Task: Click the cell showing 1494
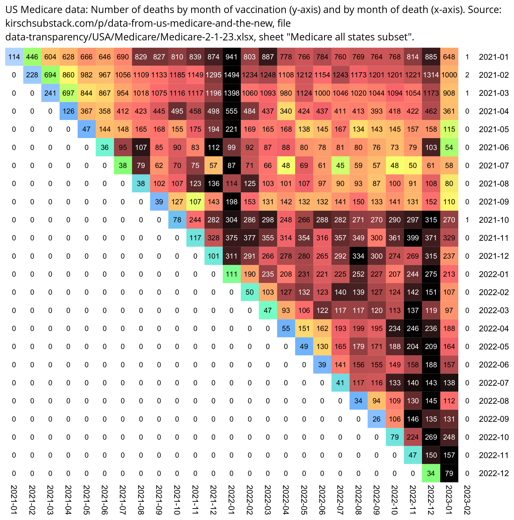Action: (231, 75)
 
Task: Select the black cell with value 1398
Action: (231, 93)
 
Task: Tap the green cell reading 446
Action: (32, 57)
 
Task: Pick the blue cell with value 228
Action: (32, 75)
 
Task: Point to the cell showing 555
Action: (231, 111)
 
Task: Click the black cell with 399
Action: (413, 238)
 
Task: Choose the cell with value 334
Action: (358, 256)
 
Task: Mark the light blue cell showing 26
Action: (376, 419)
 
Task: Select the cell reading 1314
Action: (431, 75)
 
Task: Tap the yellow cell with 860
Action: (69, 75)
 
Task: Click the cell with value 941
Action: (231, 57)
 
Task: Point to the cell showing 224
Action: (413, 437)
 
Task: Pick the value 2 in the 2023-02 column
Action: (467, 75)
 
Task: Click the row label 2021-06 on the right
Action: (494, 148)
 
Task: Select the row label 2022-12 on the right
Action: (494, 473)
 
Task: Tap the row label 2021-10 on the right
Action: (494, 220)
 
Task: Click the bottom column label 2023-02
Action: (467, 500)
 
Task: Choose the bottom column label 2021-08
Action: (141, 500)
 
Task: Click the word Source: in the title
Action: (484, 10)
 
